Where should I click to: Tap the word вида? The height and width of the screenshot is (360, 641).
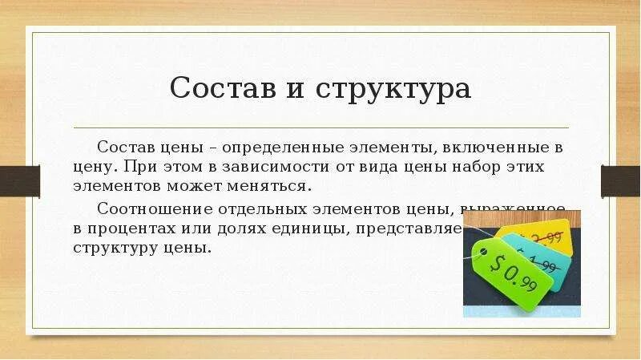tap(393, 167)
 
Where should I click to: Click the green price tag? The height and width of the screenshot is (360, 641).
tap(513, 273)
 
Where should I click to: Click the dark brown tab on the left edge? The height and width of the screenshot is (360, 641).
tap(19, 180)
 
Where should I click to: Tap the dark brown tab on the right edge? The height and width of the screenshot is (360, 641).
tap(621, 180)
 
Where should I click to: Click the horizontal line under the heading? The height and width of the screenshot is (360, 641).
tap(320, 127)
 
